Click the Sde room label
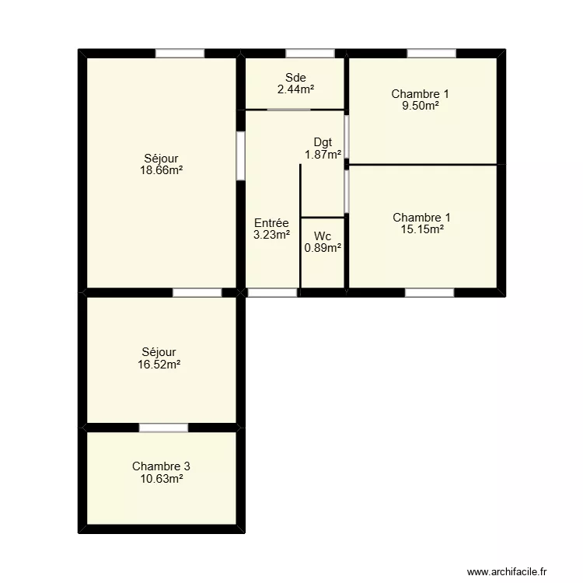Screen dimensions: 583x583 tap(295, 78)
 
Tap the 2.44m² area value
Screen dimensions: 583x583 tap(295, 89)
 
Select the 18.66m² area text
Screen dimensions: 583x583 tap(161, 170)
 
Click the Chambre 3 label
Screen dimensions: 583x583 tap(161, 466)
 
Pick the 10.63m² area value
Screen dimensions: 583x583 tap(161, 479)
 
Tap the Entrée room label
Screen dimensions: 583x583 tap(271, 223)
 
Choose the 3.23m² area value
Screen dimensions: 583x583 tap(271, 235)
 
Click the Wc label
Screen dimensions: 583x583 tap(323, 236)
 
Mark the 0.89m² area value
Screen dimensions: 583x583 tap(323, 248)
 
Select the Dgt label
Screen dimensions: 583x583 tap(323, 142)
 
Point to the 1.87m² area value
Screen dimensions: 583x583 tap(323, 154)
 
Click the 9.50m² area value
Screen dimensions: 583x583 tap(420, 106)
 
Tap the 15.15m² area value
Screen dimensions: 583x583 tap(421, 229)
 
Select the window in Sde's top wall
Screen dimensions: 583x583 tap(310, 54)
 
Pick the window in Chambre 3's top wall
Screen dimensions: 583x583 tap(163, 428)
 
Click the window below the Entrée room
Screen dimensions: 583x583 tap(272, 293)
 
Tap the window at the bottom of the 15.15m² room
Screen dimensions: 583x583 tap(429, 293)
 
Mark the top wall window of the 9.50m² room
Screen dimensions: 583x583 tap(431, 54)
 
